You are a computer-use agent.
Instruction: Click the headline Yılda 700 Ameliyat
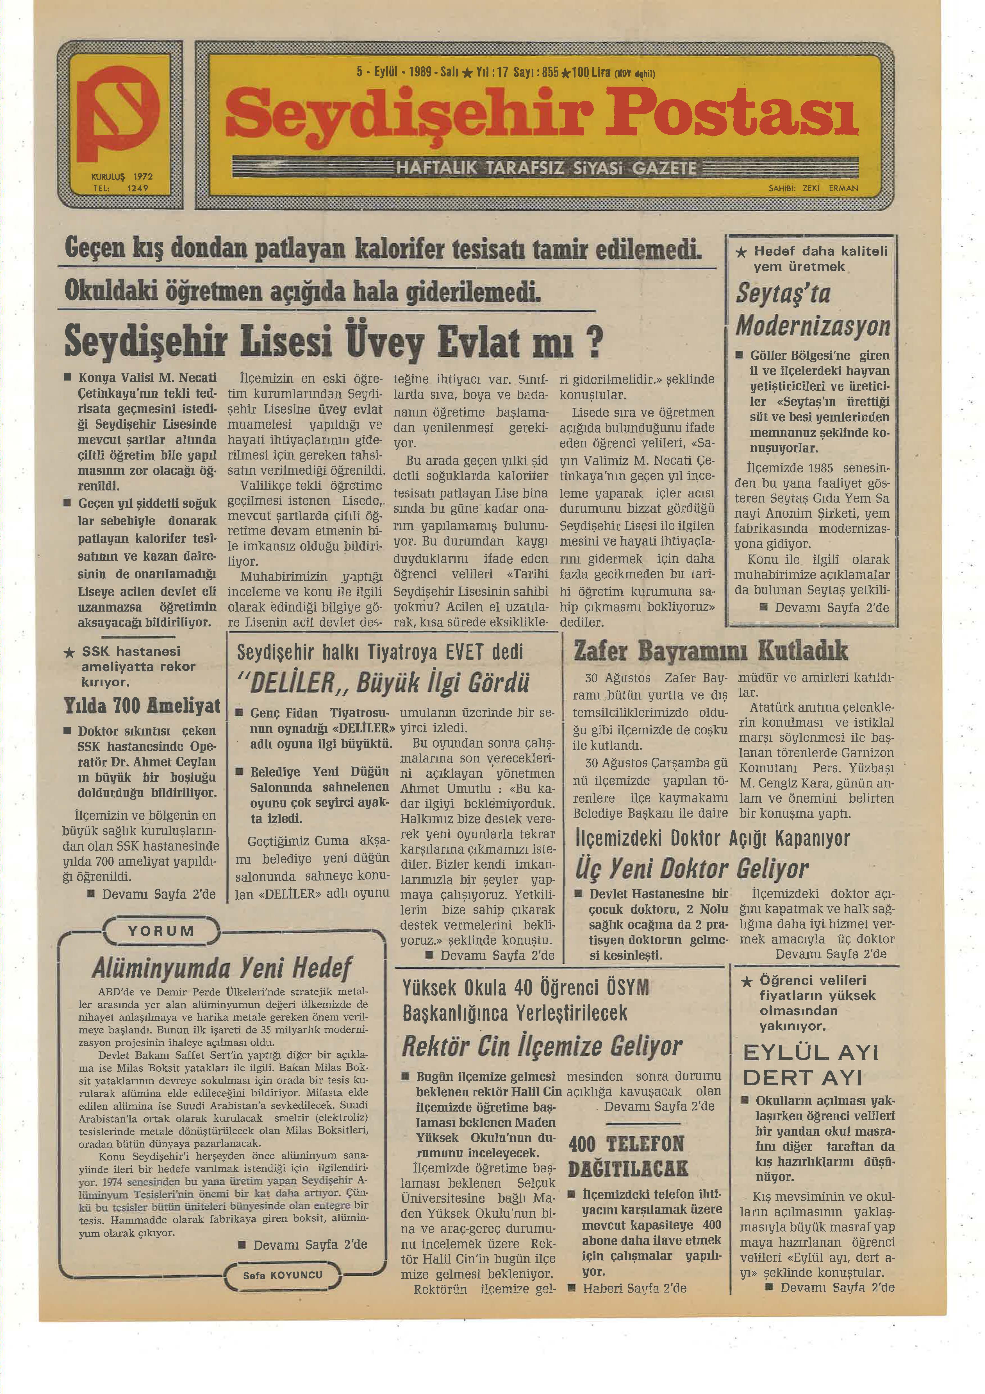(142, 705)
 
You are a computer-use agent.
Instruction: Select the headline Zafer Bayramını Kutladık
(710, 651)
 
